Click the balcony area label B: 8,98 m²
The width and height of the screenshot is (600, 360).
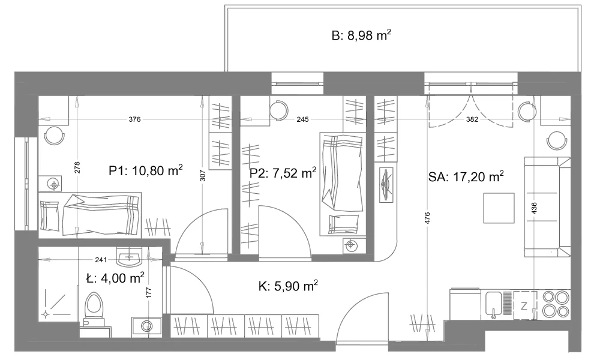coord(361,35)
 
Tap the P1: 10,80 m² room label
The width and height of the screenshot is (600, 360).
coord(145,170)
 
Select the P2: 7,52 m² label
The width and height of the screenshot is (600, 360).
coord(283,173)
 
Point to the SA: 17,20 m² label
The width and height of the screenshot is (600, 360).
coord(466,176)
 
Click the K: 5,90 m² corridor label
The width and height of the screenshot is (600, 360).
coord(288,286)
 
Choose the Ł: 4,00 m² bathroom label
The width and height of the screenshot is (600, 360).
coord(115,278)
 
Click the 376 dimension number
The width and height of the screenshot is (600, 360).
coord(134,119)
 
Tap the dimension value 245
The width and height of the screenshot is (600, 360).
coord(302,119)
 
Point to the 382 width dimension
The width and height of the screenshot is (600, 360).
coord(472,119)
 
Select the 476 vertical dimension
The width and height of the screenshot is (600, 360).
coord(427,218)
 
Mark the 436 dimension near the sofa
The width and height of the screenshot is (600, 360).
coord(534,208)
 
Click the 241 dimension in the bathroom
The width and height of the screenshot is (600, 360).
coord(101,260)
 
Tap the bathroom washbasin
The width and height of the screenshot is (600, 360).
coord(129,257)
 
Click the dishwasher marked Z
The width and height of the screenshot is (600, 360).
coord(524,305)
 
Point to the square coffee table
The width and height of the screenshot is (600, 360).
coord(499,208)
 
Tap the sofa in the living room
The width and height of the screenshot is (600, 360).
coord(547,207)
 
